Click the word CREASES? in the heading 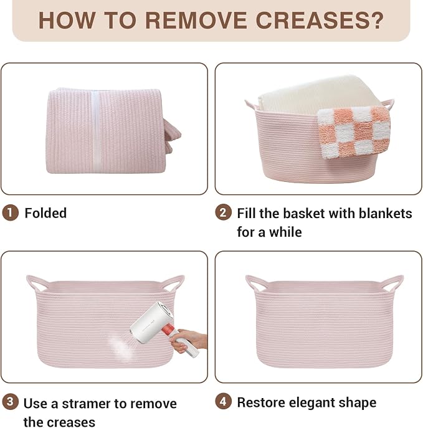pos(320,21)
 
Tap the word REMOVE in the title pos(196,21)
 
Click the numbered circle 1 pos(10,213)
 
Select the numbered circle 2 pos(223,212)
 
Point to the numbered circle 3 pos(10,402)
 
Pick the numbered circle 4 pos(223,402)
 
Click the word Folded pos(45,213)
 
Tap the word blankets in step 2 pos(386,214)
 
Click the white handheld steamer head pos(152,322)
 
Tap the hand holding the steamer pos(188,341)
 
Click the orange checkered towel pos(354,132)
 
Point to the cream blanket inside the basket pos(316,94)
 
